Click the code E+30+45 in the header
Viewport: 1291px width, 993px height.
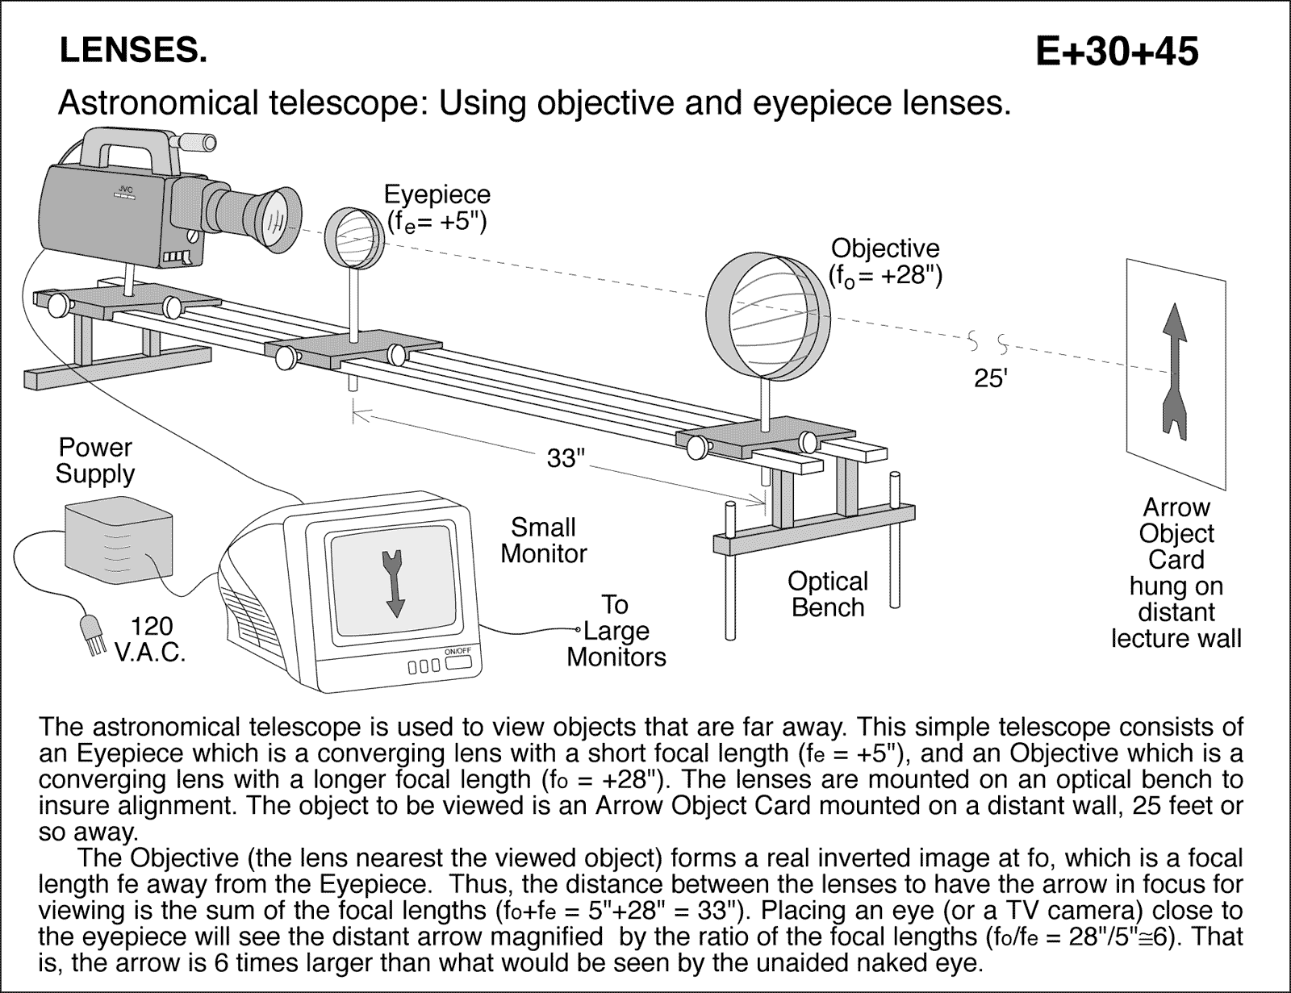[1117, 52]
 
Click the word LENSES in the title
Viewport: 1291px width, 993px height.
[133, 51]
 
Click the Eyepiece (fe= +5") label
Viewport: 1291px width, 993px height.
[437, 207]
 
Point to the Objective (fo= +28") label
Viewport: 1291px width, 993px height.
[885, 261]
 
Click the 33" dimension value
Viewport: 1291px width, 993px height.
[565, 458]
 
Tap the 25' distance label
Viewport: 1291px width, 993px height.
[991, 378]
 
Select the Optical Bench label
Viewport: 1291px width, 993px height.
[828, 594]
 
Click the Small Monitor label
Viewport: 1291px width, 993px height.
[543, 540]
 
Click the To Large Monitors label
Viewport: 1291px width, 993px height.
[616, 630]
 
